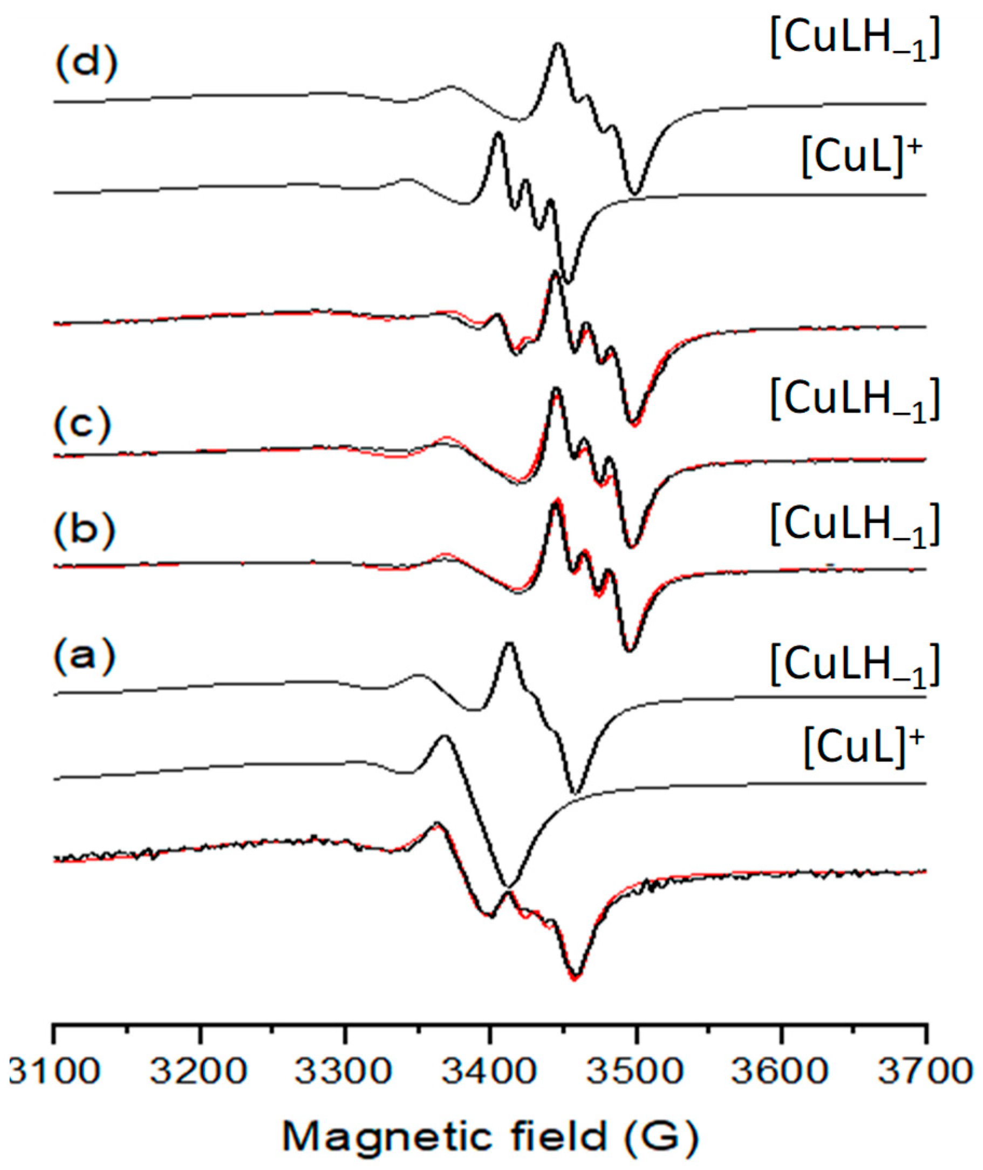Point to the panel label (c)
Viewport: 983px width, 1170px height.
(84, 426)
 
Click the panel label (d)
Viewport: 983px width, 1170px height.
(86, 64)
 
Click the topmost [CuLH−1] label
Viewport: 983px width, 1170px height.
(855, 42)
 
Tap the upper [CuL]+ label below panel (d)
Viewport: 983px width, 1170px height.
(863, 158)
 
